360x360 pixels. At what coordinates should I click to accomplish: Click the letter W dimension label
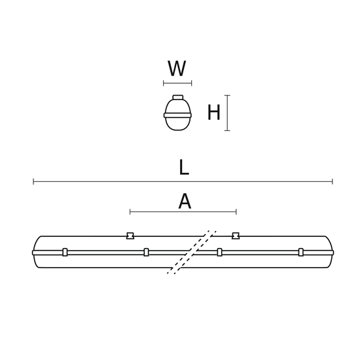[177, 69]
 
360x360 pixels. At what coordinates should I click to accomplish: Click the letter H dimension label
[214, 113]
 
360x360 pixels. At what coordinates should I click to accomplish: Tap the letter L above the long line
[184, 168]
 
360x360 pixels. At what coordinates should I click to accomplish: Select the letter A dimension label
[185, 202]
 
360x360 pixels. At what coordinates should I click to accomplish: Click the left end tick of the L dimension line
[33, 181]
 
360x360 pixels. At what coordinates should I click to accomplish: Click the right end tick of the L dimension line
[333, 181]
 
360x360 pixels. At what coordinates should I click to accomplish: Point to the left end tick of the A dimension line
[130, 211]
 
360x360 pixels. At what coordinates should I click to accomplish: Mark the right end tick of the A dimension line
[236, 211]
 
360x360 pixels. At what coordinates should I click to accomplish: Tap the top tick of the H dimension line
[227, 96]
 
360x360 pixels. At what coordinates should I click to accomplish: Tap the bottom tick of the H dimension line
[227, 130]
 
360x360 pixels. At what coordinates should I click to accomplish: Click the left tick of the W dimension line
[164, 83]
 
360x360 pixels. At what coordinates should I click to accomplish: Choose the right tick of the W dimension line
[191, 83]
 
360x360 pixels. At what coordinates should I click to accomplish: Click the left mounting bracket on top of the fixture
[130, 236]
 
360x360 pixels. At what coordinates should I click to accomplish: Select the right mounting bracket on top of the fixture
[236, 236]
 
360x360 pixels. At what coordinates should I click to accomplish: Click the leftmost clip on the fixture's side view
[65, 252]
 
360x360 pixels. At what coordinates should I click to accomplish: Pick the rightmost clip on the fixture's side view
[301, 252]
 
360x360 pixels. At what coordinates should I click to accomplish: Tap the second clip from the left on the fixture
[146, 252]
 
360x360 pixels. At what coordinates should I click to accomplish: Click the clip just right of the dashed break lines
[219, 252]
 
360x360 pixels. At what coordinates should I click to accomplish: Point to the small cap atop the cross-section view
[178, 98]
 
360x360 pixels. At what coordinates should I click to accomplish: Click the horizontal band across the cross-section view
[178, 115]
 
